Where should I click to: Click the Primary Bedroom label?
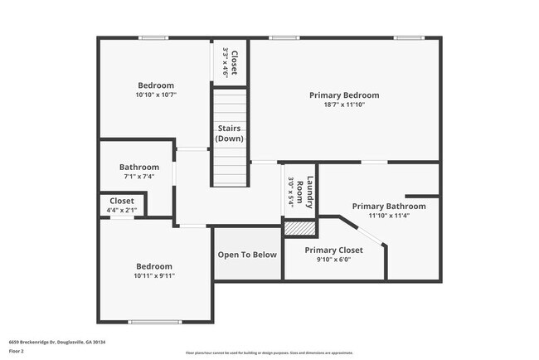pyautogui.click(x=344, y=95)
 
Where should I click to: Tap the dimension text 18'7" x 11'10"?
pyautogui.click(x=344, y=105)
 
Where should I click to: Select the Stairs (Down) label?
pyautogui.click(x=229, y=134)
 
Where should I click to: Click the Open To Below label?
pyautogui.click(x=247, y=255)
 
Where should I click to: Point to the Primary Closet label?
pyautogui.click(x=333, y=250)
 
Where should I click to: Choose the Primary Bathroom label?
pyautogui.click(x=389, y=206)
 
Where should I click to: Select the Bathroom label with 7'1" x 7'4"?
pyautogui.click(x=138, y=166)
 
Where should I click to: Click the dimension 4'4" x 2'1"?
pyautogui.click(x=122, y=210)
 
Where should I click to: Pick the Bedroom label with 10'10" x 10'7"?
pyautogui.click(x=156, y=85)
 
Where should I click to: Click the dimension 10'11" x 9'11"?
pyautogui.click(x=155, y=275)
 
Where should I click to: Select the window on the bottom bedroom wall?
pyautogui.click(x=153, y=322)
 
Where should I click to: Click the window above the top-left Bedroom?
pyautogui.click(x=153, y=38)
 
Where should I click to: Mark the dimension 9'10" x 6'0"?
pyautogui.click(x=333, y=260)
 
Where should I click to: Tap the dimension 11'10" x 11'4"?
pyautogui.click(x=389, y=216)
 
